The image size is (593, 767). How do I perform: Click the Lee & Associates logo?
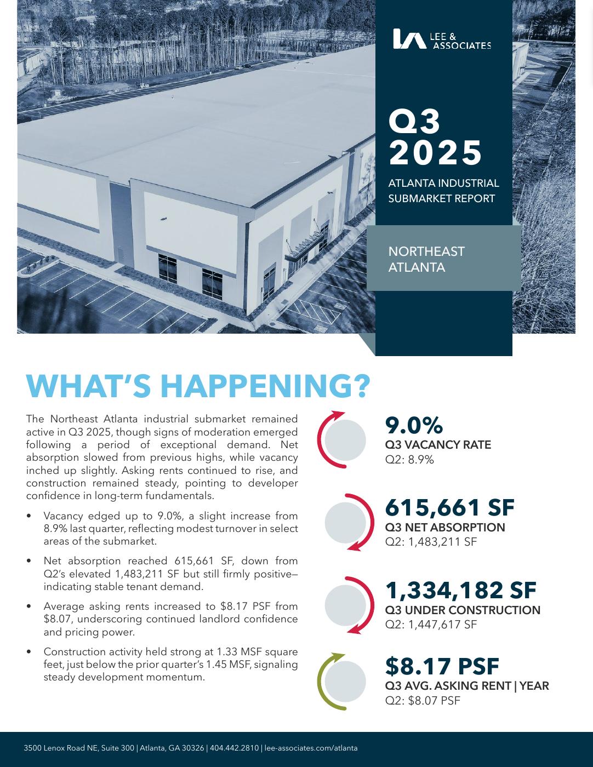(x=442, y=39)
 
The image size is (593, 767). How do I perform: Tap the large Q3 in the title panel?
(x=414, y=121)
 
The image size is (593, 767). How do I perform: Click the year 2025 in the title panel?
(x=436, y=152)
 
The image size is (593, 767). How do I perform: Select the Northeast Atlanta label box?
(x=443, y=259)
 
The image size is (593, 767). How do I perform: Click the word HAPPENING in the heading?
(x=265, y=386)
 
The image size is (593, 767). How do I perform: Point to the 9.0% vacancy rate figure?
(x=414, y=426)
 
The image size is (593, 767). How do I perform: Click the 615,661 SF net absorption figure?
(x=449, y=507)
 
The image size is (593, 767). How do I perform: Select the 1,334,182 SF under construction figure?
(x=460, y=590)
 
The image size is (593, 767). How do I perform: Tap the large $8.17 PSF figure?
(x=442, y=666)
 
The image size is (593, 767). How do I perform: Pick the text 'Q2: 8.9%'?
(x=409, y=460)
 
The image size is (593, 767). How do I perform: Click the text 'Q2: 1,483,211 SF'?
(x=431, y=542)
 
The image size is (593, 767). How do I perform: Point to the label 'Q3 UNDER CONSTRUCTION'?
(x=463, y=610)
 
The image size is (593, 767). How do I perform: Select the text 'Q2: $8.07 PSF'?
(x=423, y=700)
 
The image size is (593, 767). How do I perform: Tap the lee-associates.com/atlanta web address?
(x=311, y=748)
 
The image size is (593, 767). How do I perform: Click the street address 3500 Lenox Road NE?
(x=60, y=748)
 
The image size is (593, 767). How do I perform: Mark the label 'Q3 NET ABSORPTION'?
(x=445, y=528)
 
